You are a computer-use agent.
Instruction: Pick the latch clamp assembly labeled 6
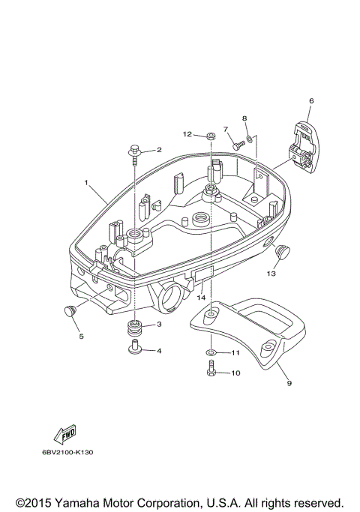coord(304,147)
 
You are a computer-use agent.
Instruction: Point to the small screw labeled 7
coord(238,145)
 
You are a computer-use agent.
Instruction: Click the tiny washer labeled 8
coord(249,139)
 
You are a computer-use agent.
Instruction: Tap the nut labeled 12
coord(211,135)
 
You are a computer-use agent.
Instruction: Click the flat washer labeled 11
coord(211,352)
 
